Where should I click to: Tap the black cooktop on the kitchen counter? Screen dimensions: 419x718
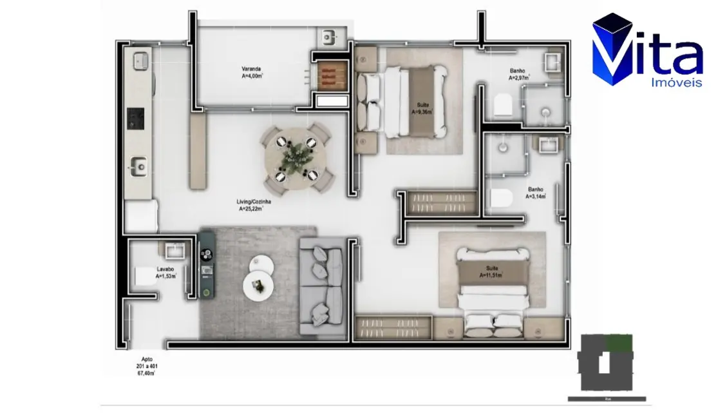point(136,117)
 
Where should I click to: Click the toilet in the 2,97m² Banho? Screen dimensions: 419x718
point(502,105)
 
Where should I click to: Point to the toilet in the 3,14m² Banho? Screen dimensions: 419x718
point(500,199)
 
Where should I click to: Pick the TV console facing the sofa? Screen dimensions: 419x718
point(207,264)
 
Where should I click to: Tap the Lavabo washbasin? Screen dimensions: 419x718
point(175,249)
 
